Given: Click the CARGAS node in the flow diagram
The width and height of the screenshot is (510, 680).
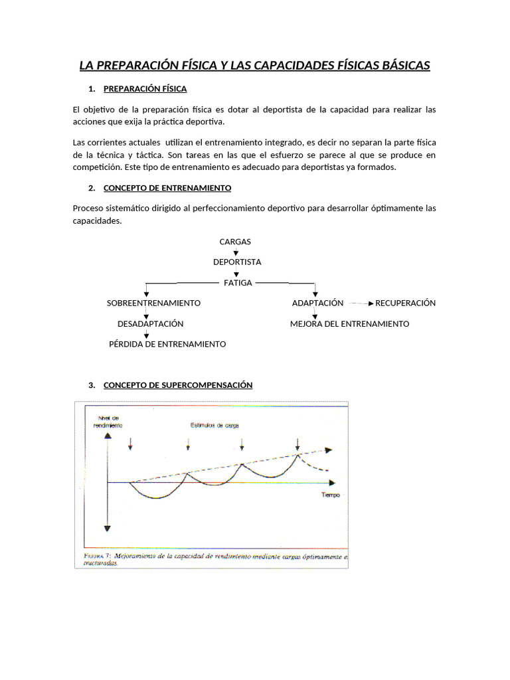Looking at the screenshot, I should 235,242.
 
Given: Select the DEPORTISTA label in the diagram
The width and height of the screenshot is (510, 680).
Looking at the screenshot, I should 237,262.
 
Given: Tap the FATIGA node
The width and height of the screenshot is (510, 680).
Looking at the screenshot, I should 238,283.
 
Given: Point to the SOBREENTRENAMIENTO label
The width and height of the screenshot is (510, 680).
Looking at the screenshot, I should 153,303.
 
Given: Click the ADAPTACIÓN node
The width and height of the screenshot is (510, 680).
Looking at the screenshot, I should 317,303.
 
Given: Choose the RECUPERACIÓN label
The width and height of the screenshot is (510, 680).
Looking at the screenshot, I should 405,303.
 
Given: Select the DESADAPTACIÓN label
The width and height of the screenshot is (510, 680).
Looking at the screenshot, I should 150,324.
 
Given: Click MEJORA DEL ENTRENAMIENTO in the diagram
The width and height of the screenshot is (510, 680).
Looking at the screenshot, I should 349,324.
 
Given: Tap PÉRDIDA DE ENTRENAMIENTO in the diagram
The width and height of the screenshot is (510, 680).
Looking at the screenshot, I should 167,344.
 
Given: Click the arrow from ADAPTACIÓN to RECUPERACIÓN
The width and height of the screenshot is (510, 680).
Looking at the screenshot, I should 361,303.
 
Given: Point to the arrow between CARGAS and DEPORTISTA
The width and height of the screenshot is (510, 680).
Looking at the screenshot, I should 236,252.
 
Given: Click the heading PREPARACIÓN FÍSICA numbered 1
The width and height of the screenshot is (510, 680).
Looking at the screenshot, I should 145,88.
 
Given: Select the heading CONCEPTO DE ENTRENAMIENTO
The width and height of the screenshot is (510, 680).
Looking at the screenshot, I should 167,188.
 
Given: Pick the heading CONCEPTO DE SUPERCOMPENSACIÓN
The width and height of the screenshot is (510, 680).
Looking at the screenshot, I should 178,385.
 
